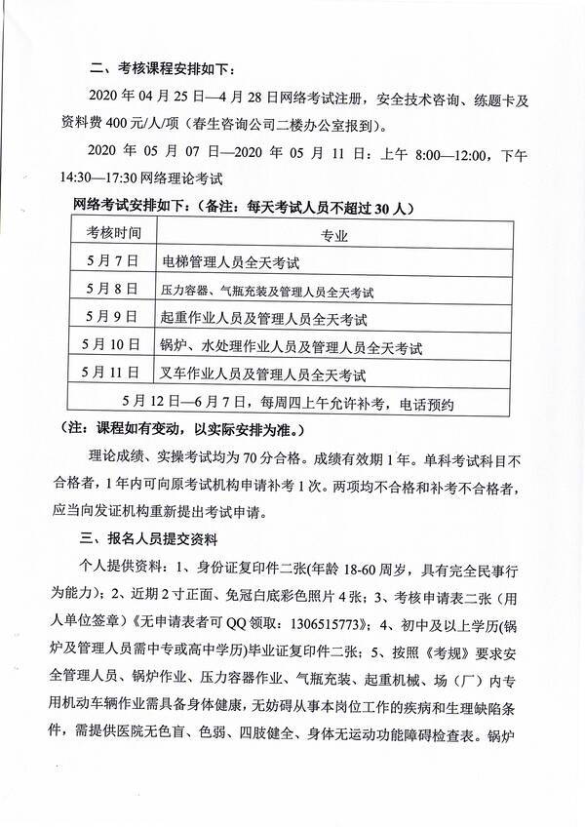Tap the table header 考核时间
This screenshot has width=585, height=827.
coord(113,235)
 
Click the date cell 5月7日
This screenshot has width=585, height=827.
coord(113,262)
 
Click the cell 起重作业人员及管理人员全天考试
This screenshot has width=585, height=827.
coord(264,317)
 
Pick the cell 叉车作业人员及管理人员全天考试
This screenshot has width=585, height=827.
coord(264,373)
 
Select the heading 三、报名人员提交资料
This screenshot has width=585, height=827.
coord(155,538)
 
